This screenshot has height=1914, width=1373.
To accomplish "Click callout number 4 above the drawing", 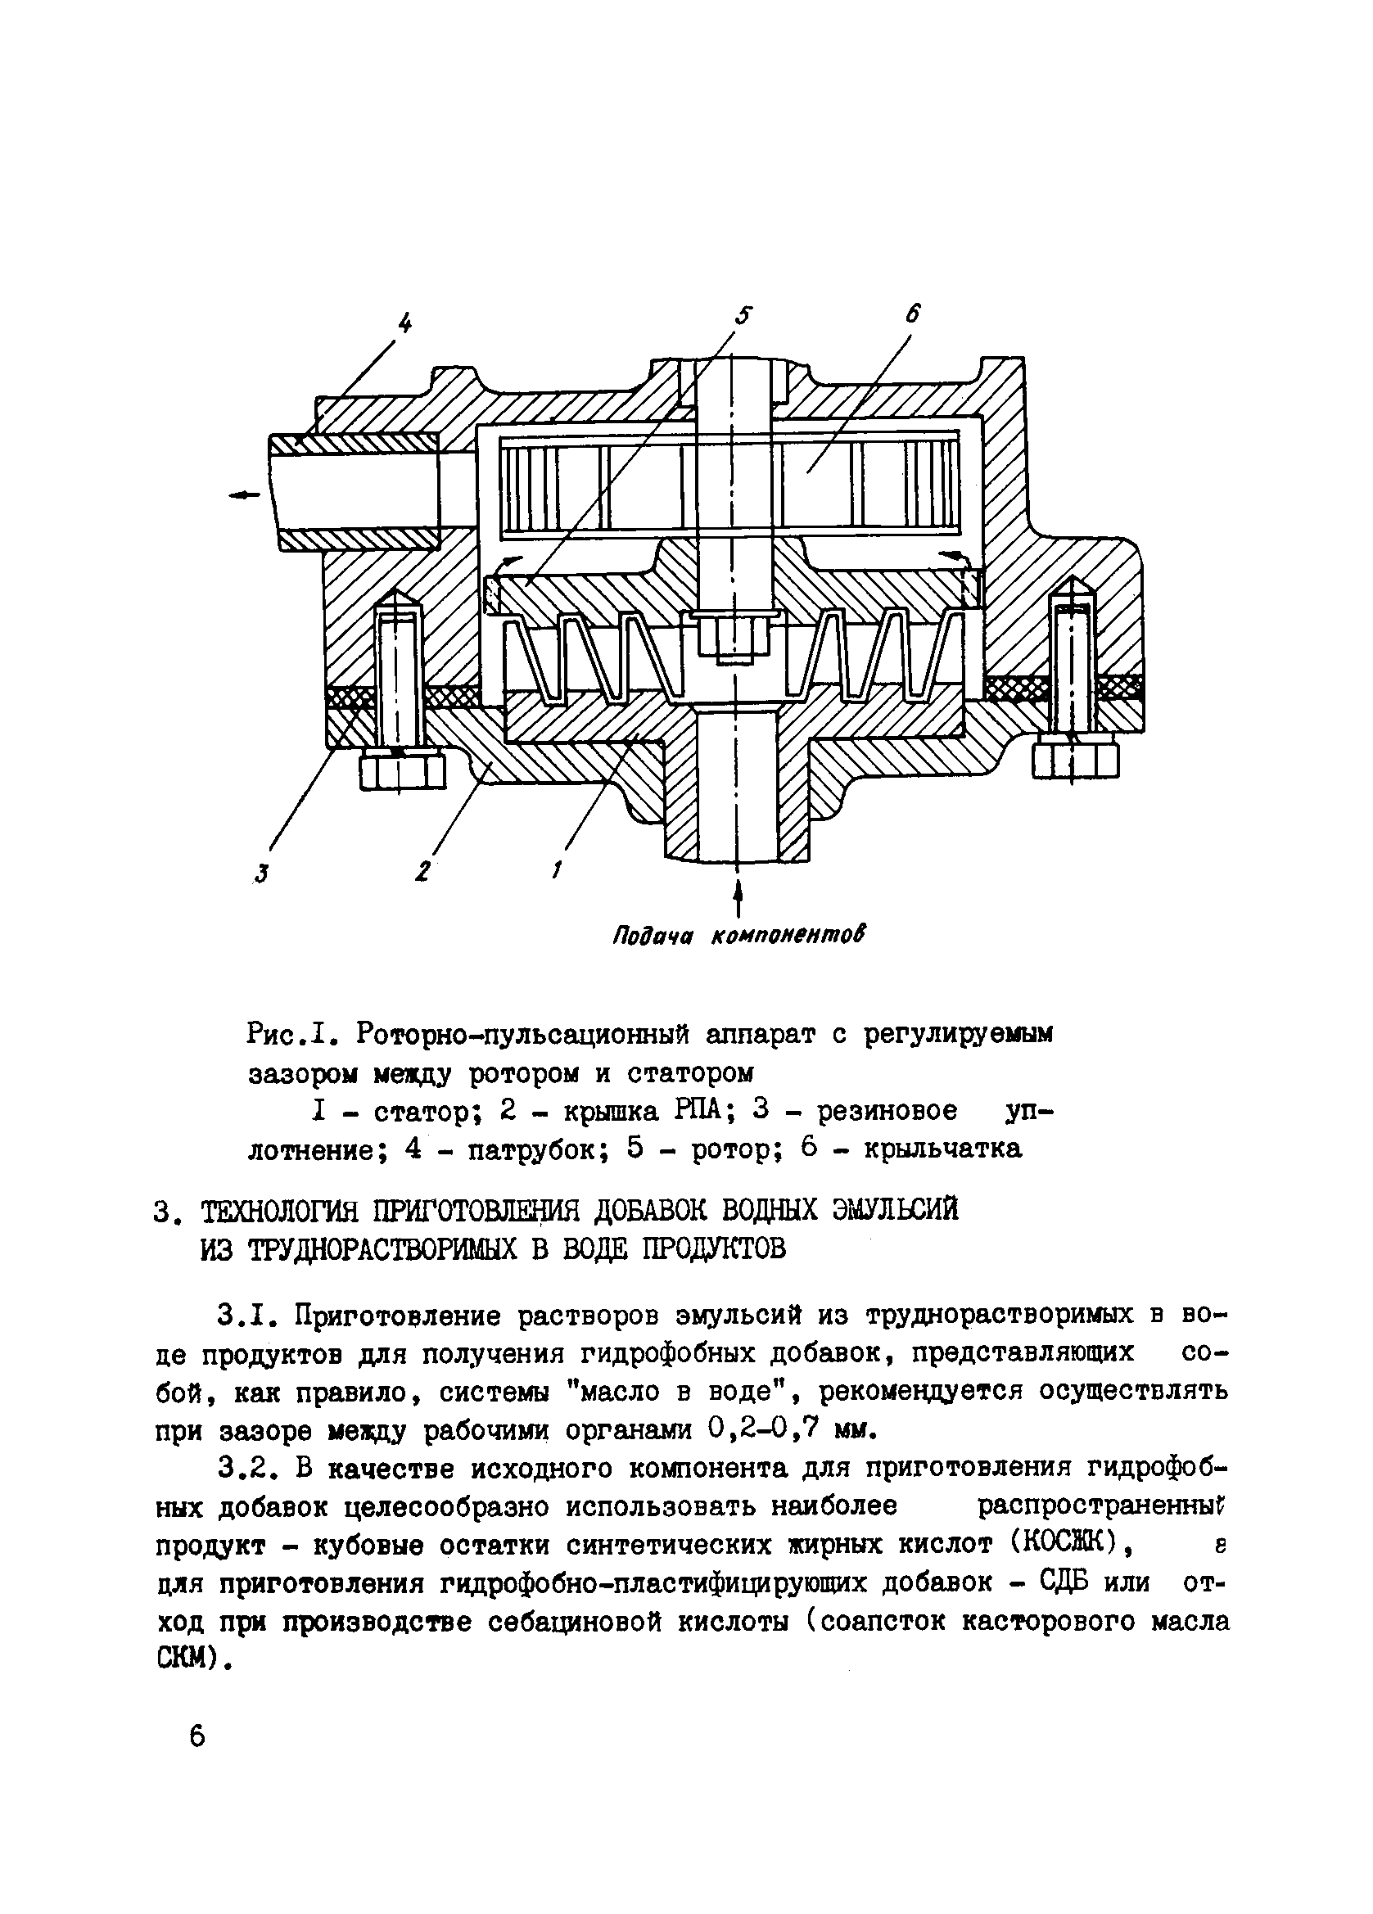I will tap(406, 323).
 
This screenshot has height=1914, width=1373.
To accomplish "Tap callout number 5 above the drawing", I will tap(742, 315).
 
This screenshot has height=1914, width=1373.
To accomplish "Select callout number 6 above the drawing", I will tap(913, 313).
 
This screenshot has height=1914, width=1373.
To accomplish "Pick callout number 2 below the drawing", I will tap(422, 870).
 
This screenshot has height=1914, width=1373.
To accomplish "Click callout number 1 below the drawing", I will tap(557, 869).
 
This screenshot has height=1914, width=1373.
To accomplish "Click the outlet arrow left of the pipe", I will tap(245, 496).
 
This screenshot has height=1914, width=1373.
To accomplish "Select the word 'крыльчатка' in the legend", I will tap(942, 1149).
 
